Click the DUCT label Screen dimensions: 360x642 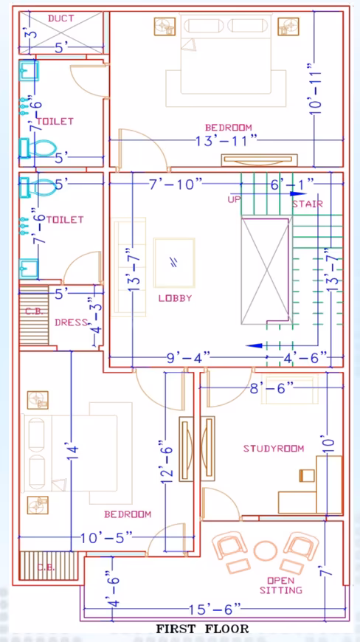pyautogui.click(x=61, y=18)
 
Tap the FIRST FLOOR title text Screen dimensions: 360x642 pyautogui.click(x=202, y=629)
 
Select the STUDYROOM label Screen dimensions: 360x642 pyautogui.click(x=274, y=449)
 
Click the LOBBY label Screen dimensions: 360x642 pyautogui.click(x=175, y=298)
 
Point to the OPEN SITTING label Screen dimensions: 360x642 pyautogui.click(x=280, y=585)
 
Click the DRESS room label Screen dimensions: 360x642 pyautogui.click(x=71, y=322)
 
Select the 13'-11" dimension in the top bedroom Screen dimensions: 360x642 pyautogui.click(x=226, y=141)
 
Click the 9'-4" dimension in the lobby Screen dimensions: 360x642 pyautogui.click(x=189, y=357)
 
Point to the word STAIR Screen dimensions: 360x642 pyautogui.click(x=308, y=204)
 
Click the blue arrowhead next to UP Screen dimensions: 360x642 pyautogui.click(x=295, y=194)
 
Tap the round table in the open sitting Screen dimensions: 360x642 pyautogui.click(x=266, y=550)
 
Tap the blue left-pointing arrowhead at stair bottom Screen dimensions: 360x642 pyautogui.click(x=254, y=345)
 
